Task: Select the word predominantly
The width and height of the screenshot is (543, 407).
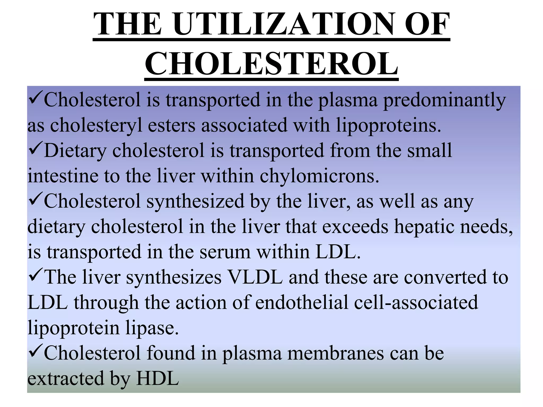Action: click(x=444, y=100)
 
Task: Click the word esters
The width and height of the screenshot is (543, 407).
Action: click(x=171, y=125)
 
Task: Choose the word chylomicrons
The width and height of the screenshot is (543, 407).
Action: click(x=319, y=176)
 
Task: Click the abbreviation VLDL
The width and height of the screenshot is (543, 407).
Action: click(x=255, y=277)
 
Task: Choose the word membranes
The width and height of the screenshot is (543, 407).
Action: click(x=336, y=353)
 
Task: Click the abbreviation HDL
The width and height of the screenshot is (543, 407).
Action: click(x=157, y=378)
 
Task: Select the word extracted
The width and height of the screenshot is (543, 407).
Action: click(x=65, y=378)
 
